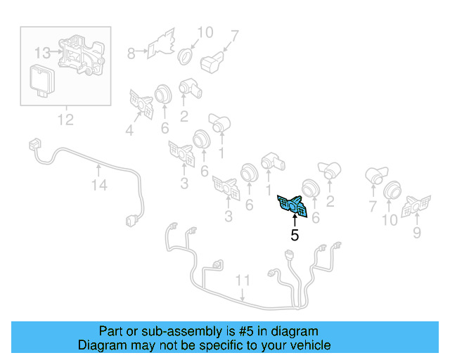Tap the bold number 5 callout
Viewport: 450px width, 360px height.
click(x=295, y=236)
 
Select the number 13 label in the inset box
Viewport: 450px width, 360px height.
click(x=41, y=52)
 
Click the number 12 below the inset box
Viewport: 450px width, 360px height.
click(x=65, y=120)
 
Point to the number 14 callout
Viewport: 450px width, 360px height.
click(x=99, y=185)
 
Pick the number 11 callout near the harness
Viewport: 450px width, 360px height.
click(x=243, y=281)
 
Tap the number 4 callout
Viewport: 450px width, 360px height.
click(x=129, y=129)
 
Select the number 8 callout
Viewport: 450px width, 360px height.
click(x=131, y=52)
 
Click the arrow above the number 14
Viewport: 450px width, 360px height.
click(x=99, y=169)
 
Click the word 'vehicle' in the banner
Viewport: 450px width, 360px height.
click(x=309, y=345)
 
